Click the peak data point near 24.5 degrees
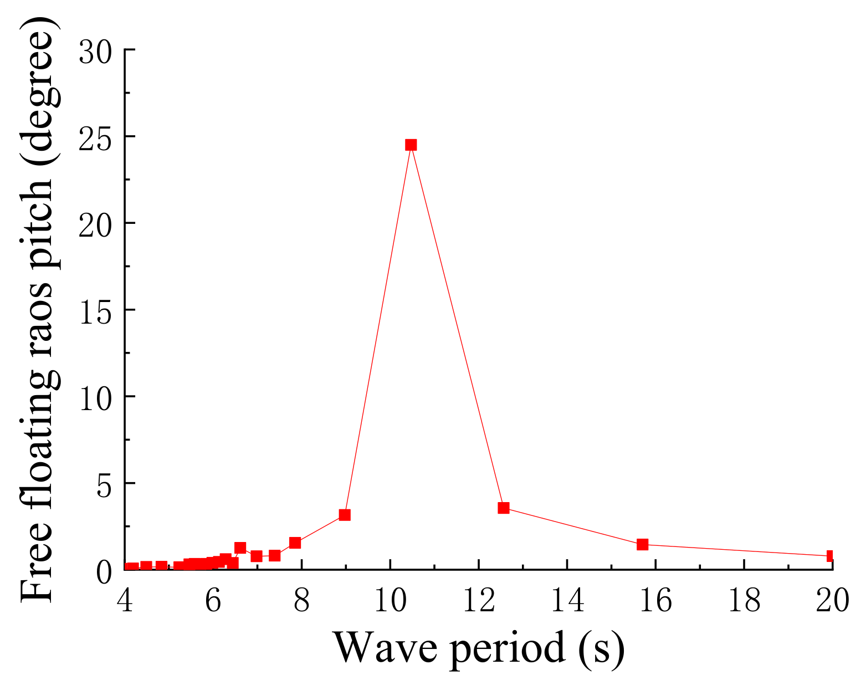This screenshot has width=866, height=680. click(x=411, y=145)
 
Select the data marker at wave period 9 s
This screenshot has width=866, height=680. click(x=345, y=515)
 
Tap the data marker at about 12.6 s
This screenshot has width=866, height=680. click(x=503, y=508)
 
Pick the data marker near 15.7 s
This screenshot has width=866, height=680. click(x=642, y=544)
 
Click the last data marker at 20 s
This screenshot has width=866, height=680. click(x=831, y=556)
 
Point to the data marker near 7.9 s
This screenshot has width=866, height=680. click(x=295, y=543)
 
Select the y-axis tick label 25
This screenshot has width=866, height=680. click(x=95, y=139)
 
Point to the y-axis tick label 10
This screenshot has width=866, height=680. click(x=95, y=398)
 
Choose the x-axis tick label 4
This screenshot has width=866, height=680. click(x=126, y=600)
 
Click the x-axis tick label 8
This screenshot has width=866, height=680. click(x=301, y=600)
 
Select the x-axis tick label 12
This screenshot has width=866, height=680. click(x=478, y=600)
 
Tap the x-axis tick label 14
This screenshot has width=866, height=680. click(x=567, y=600)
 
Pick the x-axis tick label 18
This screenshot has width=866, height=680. click(x=744, y=600)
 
